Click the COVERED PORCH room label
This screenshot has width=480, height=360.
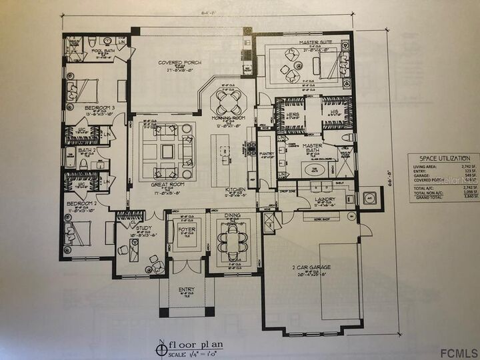coord(175,63)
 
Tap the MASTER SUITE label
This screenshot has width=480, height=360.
coord(298,42)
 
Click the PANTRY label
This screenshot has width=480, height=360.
coord(267,153)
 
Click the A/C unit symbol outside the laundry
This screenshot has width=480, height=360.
coord(370,199)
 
